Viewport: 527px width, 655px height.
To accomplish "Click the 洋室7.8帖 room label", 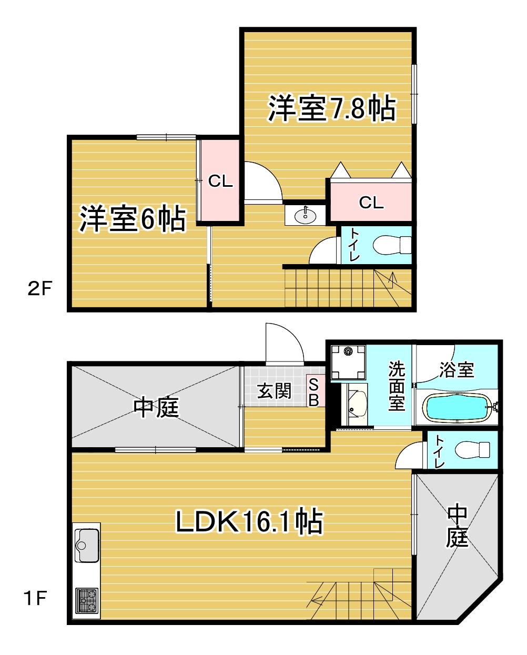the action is coord(332,109).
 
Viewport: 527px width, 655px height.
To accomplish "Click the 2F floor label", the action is coord(40,288).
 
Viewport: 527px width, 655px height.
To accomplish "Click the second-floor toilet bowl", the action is coord(392,245).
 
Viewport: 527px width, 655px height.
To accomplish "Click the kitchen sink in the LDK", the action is coord(87,546).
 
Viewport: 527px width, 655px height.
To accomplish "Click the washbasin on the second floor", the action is coord(305,216).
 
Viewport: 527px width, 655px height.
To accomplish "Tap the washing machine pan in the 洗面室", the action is coord(348,362).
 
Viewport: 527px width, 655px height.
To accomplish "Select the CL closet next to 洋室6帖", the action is coord(220,181).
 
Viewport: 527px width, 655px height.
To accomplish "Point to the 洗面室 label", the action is coord(397,386).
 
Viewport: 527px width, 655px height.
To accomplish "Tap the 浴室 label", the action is coord(457,370).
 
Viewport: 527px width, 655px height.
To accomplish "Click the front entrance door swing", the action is coord(285,344).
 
